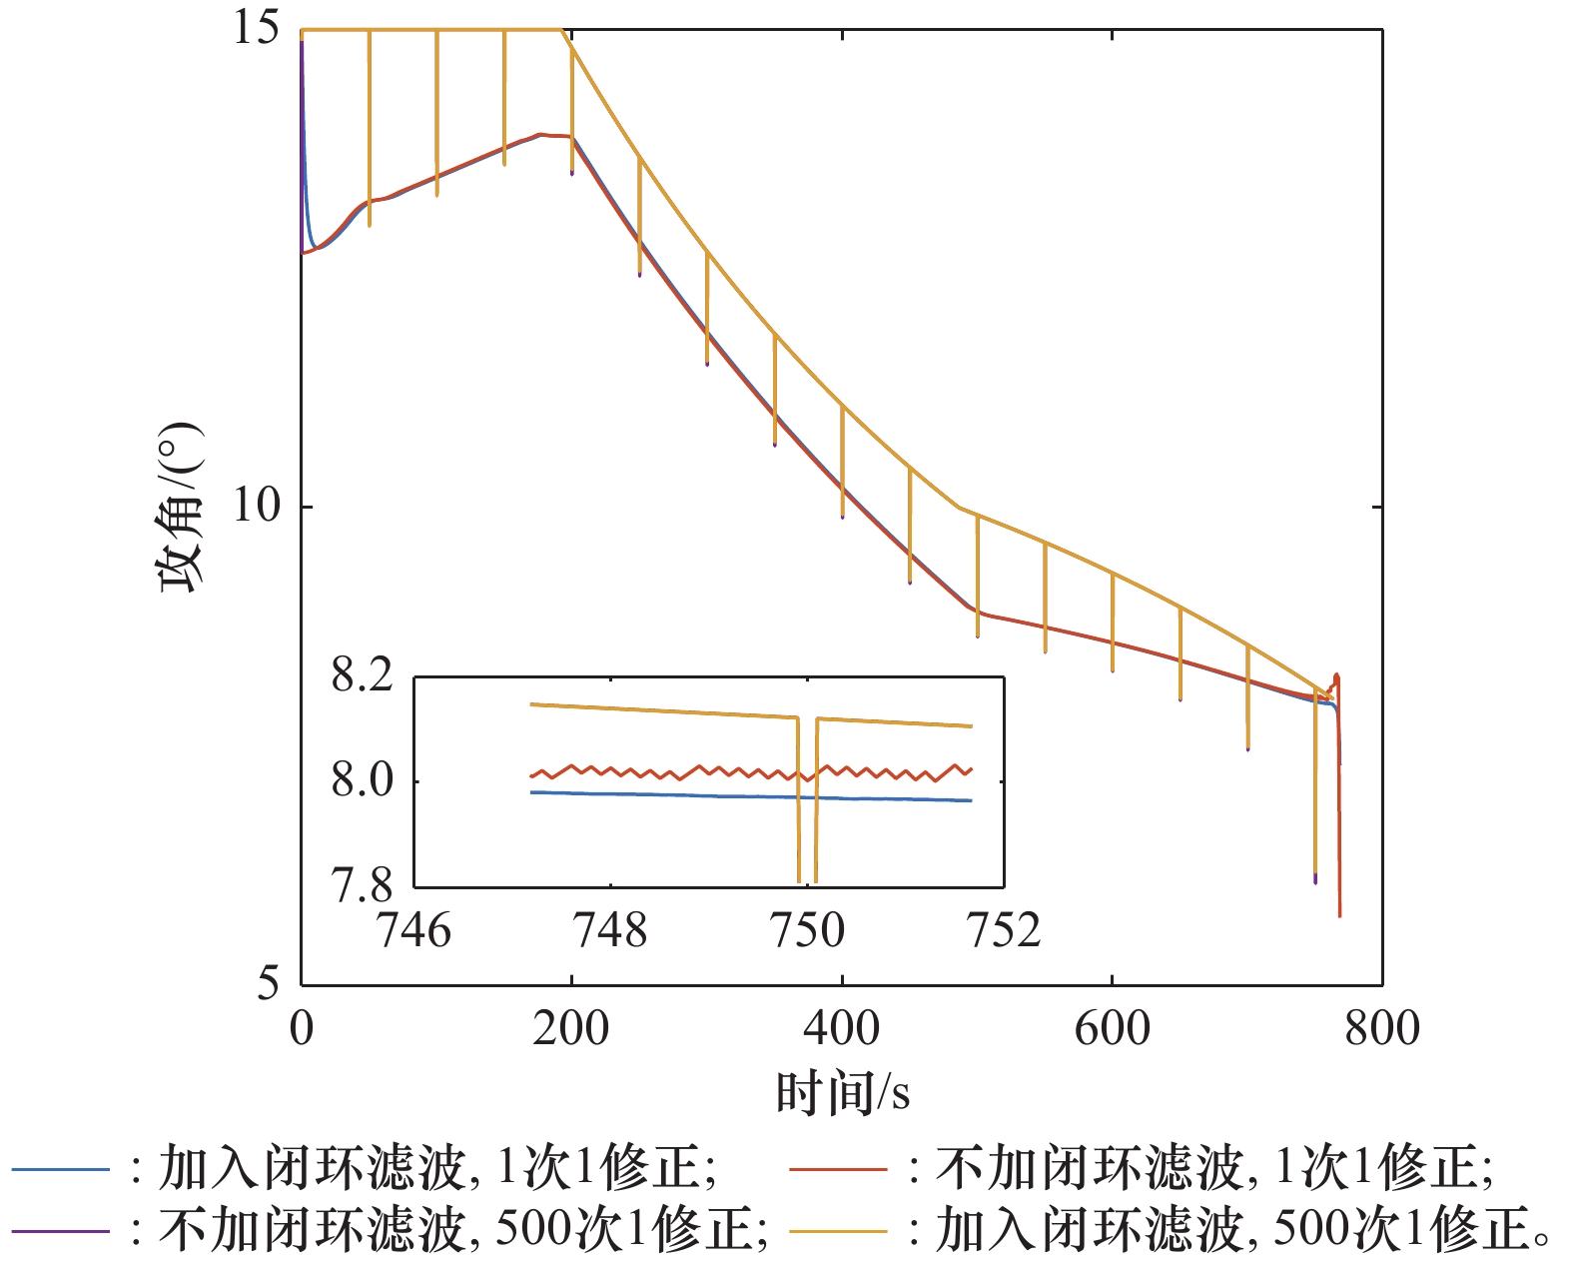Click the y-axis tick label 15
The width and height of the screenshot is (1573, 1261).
click(257, 28)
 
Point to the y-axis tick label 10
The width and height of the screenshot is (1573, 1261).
click(257, 506)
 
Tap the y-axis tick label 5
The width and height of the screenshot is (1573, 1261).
click(268, 983)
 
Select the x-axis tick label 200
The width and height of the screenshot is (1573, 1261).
click(570, 1028)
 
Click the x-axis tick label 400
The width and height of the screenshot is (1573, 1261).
click(841, 1028)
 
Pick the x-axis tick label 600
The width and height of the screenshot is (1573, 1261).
click(1112, 1028)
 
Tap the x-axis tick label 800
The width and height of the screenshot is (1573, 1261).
click(1382, 1028)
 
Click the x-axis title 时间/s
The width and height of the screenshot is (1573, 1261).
click(842, 1092)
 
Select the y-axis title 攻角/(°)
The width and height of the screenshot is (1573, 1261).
click(180, 506)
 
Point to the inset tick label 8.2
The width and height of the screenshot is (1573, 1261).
click(363, 676)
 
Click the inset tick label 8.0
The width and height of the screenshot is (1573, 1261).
click(363, 781)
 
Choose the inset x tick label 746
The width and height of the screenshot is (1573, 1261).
click(413, 930)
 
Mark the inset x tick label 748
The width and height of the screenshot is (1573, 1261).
click(609, 930)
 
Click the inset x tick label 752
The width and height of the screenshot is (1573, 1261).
click(1004, 930)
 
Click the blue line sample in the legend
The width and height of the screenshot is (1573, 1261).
click(60, 1168)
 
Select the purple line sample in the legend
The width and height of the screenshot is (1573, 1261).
click(60, 1230)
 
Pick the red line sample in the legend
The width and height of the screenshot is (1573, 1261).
click(837, 1168)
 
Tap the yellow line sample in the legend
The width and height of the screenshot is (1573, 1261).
click(837, 1230)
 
